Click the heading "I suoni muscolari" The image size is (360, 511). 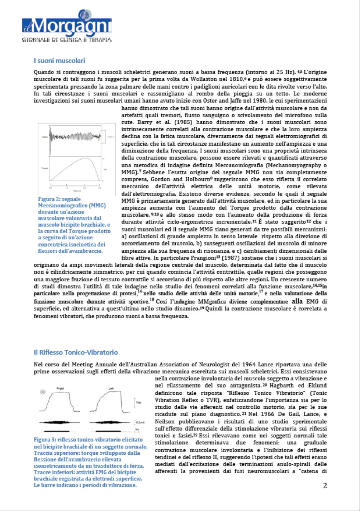pyautogui.click(x=59, y=60)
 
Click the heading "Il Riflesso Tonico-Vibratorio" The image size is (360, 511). pyautogui.click(x=76, y=352)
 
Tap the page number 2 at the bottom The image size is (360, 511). pyautogui.click(x=325, y=486)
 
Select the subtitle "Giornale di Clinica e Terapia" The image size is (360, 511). pyautogui.click(x=67, y=40)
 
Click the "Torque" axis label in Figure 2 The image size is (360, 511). pyautogui.click(x=45, y=168)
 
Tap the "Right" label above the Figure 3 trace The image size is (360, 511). pyautogui.click(x=60, y=388)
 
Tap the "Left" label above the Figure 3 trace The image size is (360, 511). pyautogui.click(x=111, y=388)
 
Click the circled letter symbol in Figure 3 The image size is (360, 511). pyautogui.click(x=42, y=392)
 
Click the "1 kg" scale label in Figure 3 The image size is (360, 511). pyautogui.click(x=137, y=402)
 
